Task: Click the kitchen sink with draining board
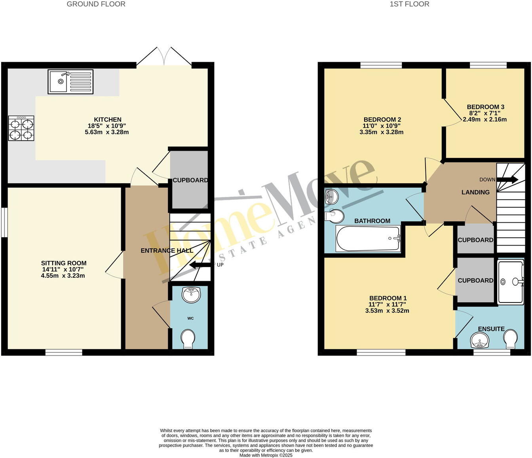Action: tap(70, 82)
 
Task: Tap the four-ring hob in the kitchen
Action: tap(21, 128)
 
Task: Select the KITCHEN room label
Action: tap(107, 119)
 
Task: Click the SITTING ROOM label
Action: tap(63, 263)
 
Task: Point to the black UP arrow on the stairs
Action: tap(200, 265)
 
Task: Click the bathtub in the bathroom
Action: tap(368, 238)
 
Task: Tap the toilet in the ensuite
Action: tap(510, 339)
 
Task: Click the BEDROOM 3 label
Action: tap(485, 107)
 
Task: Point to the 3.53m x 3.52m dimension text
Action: tap(387, 311)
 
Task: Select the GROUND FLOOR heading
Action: tap(96, 4)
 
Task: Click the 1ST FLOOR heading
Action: tap(409, 4)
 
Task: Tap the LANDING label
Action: tap(475, 192)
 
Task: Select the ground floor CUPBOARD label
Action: tap(190, 180)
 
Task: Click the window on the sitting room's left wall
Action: tap(4, 222)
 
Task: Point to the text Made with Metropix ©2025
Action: tap(266, 455)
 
